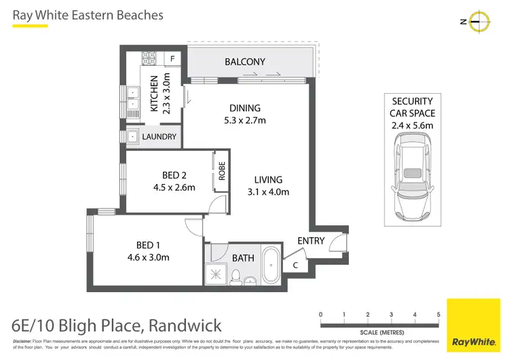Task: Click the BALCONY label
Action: click(245, 62)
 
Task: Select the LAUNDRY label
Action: click(159, 137)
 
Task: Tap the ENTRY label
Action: click(311, 240)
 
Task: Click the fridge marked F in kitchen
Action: click(173, 59)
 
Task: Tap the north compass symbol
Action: click(479, 22)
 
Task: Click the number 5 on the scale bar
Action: click(438, 314)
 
